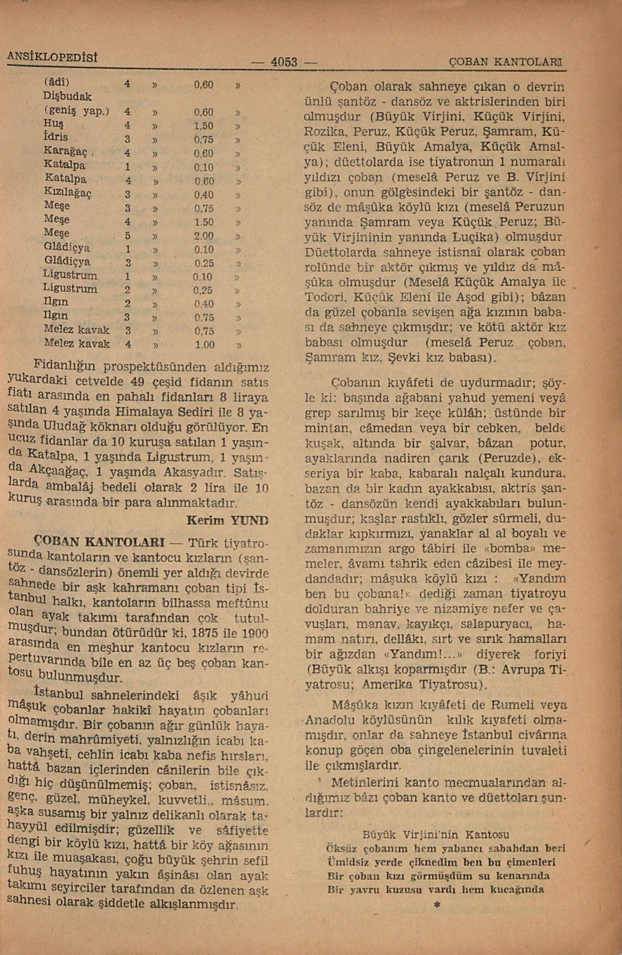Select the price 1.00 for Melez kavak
click(x=204, y=344)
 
